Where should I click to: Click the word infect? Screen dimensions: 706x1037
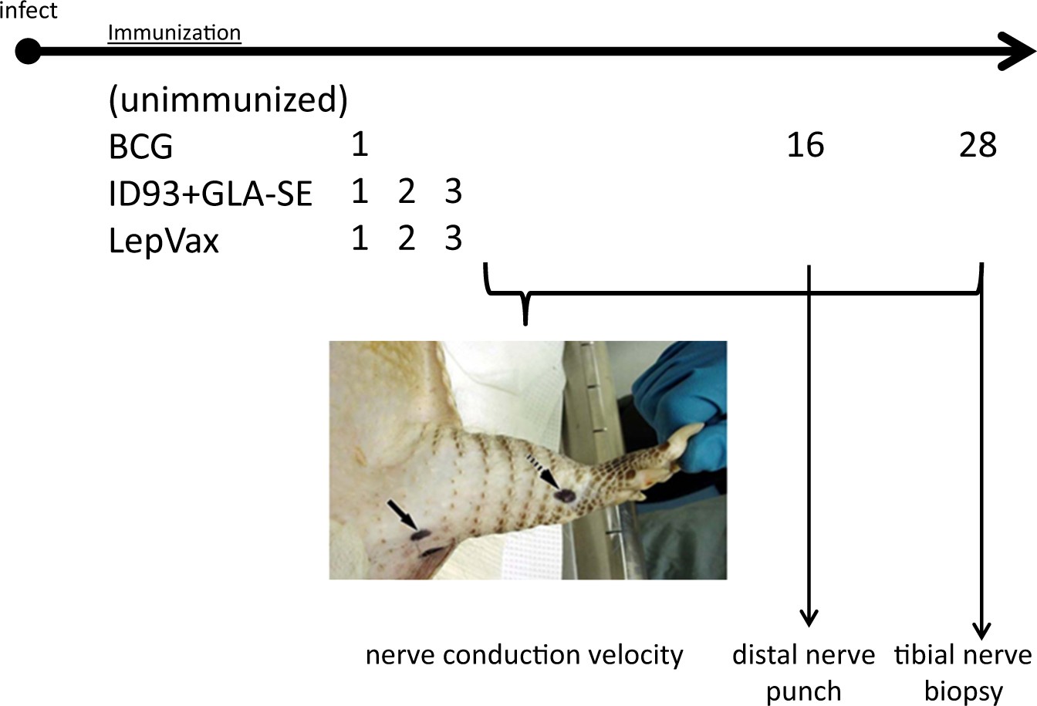pos(29,11)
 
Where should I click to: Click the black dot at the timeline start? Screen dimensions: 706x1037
pos(28,52)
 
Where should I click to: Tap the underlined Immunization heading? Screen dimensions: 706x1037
pos(174,33)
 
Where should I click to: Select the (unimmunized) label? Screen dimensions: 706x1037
pos(228,100)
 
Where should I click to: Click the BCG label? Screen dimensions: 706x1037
pos(141,147)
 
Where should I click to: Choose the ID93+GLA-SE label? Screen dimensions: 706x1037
pos(211,194)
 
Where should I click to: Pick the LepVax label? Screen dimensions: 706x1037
pos(164,241)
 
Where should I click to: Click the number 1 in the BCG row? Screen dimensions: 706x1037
pos(359,145)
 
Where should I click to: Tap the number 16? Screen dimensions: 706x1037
pos(806,145)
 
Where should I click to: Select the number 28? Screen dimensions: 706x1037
pos(978,145)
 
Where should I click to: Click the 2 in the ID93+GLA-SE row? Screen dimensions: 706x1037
pos(407,192)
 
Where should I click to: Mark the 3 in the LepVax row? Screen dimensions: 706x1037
pos(454,239)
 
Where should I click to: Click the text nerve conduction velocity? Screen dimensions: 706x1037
pos(525,655)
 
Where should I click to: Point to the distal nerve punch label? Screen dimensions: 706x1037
pos(803,672)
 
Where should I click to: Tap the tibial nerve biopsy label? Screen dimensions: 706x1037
pos(963,672)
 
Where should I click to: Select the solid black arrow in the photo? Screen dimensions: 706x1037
pos(400,514)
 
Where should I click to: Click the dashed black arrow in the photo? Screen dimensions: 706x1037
pos(542,470)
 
